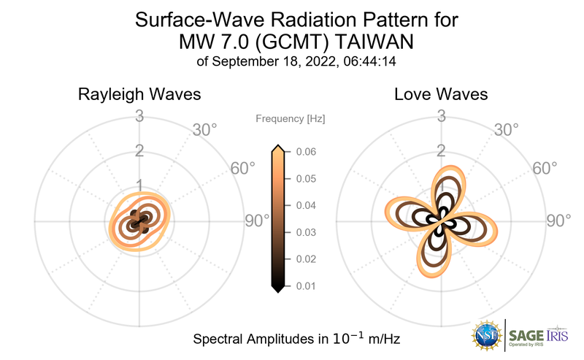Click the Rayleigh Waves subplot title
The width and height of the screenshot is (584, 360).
[x=139, y=95]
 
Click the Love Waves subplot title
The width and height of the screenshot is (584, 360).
[x=441, y=95]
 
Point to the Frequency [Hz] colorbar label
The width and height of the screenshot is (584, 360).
[x=291, y=118]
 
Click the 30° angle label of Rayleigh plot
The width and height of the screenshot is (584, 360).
[x=204, y=130]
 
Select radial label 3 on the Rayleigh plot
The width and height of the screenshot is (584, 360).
[x=139, y=115]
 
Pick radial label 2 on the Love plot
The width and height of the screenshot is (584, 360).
[x=441, y=150]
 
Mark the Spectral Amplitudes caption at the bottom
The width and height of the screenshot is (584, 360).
[x=296, y=340]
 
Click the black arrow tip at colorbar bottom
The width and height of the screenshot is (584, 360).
[x=277, y=289]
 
